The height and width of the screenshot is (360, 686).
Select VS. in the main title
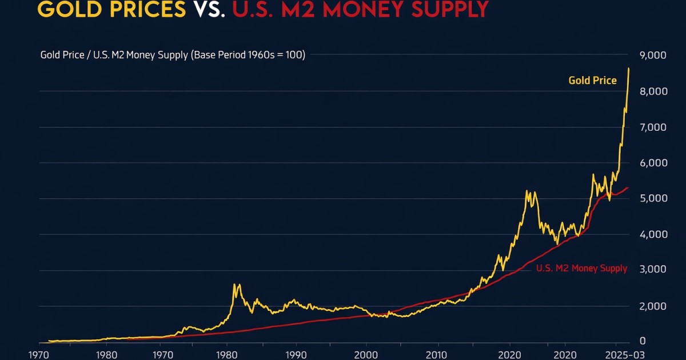[209, 9]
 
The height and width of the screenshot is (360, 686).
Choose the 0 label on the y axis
[643, 341]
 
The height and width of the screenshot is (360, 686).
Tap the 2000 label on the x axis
[366, 354]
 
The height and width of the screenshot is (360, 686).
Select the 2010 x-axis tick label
[438, 354]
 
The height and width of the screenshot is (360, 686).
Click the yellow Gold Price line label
[592, 81]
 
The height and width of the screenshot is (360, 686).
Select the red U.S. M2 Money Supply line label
[581, 269]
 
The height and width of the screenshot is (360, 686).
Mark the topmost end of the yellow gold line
[629, 69]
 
